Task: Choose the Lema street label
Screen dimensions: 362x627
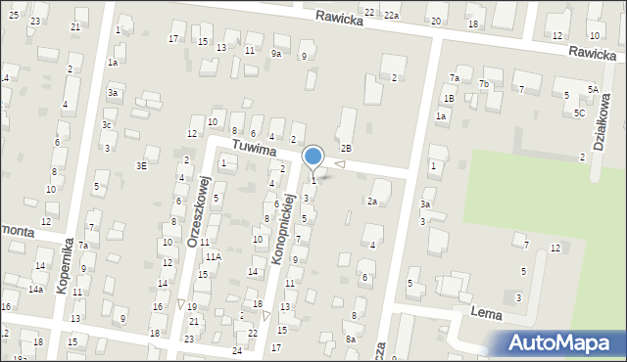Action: (x=486, y=313)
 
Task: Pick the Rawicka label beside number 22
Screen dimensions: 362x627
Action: (x=338, y=17)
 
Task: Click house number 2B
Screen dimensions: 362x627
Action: (x=346, y=148)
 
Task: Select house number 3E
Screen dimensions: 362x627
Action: (x=142, y=166)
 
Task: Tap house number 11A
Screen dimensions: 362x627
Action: (x=213, y=256)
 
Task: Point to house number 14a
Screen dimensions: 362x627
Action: (x=35, y=290)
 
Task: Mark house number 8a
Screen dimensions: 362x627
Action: (x=351, y=339)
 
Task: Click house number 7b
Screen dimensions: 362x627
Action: (x=484, y=84)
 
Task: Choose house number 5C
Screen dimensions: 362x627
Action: (x=580, y=113)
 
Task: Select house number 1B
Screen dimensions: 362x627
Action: (x=448, y=99)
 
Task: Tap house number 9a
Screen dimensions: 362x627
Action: (x=276, y=54)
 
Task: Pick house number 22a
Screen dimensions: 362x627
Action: (x=392, y=15)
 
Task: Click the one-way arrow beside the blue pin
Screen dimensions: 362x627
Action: (x=339, y=164)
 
